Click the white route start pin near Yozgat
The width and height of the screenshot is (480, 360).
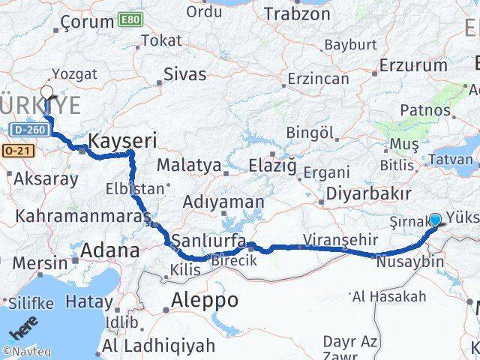tap(46, 93)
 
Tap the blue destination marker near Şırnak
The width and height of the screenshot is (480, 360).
tap(436, 220)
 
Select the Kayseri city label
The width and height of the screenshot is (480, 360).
tap(122, 139)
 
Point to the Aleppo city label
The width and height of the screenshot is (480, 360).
tap(205, 300)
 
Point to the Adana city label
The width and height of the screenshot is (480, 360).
tap(110, 250)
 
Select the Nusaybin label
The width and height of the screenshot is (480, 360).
tap(409, 262)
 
